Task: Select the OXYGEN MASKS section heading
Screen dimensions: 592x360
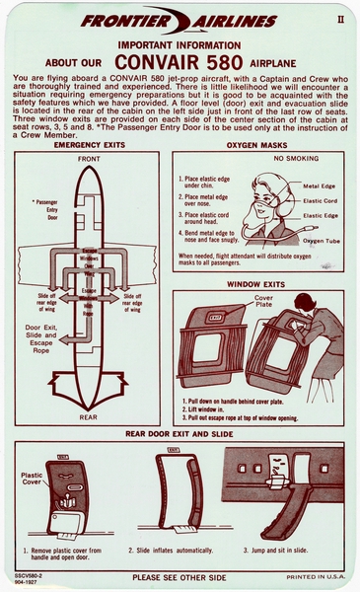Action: pos(258,145)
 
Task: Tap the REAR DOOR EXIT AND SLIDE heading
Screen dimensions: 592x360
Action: pos(179,433)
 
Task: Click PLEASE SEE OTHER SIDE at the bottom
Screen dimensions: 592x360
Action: pos(180,578)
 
